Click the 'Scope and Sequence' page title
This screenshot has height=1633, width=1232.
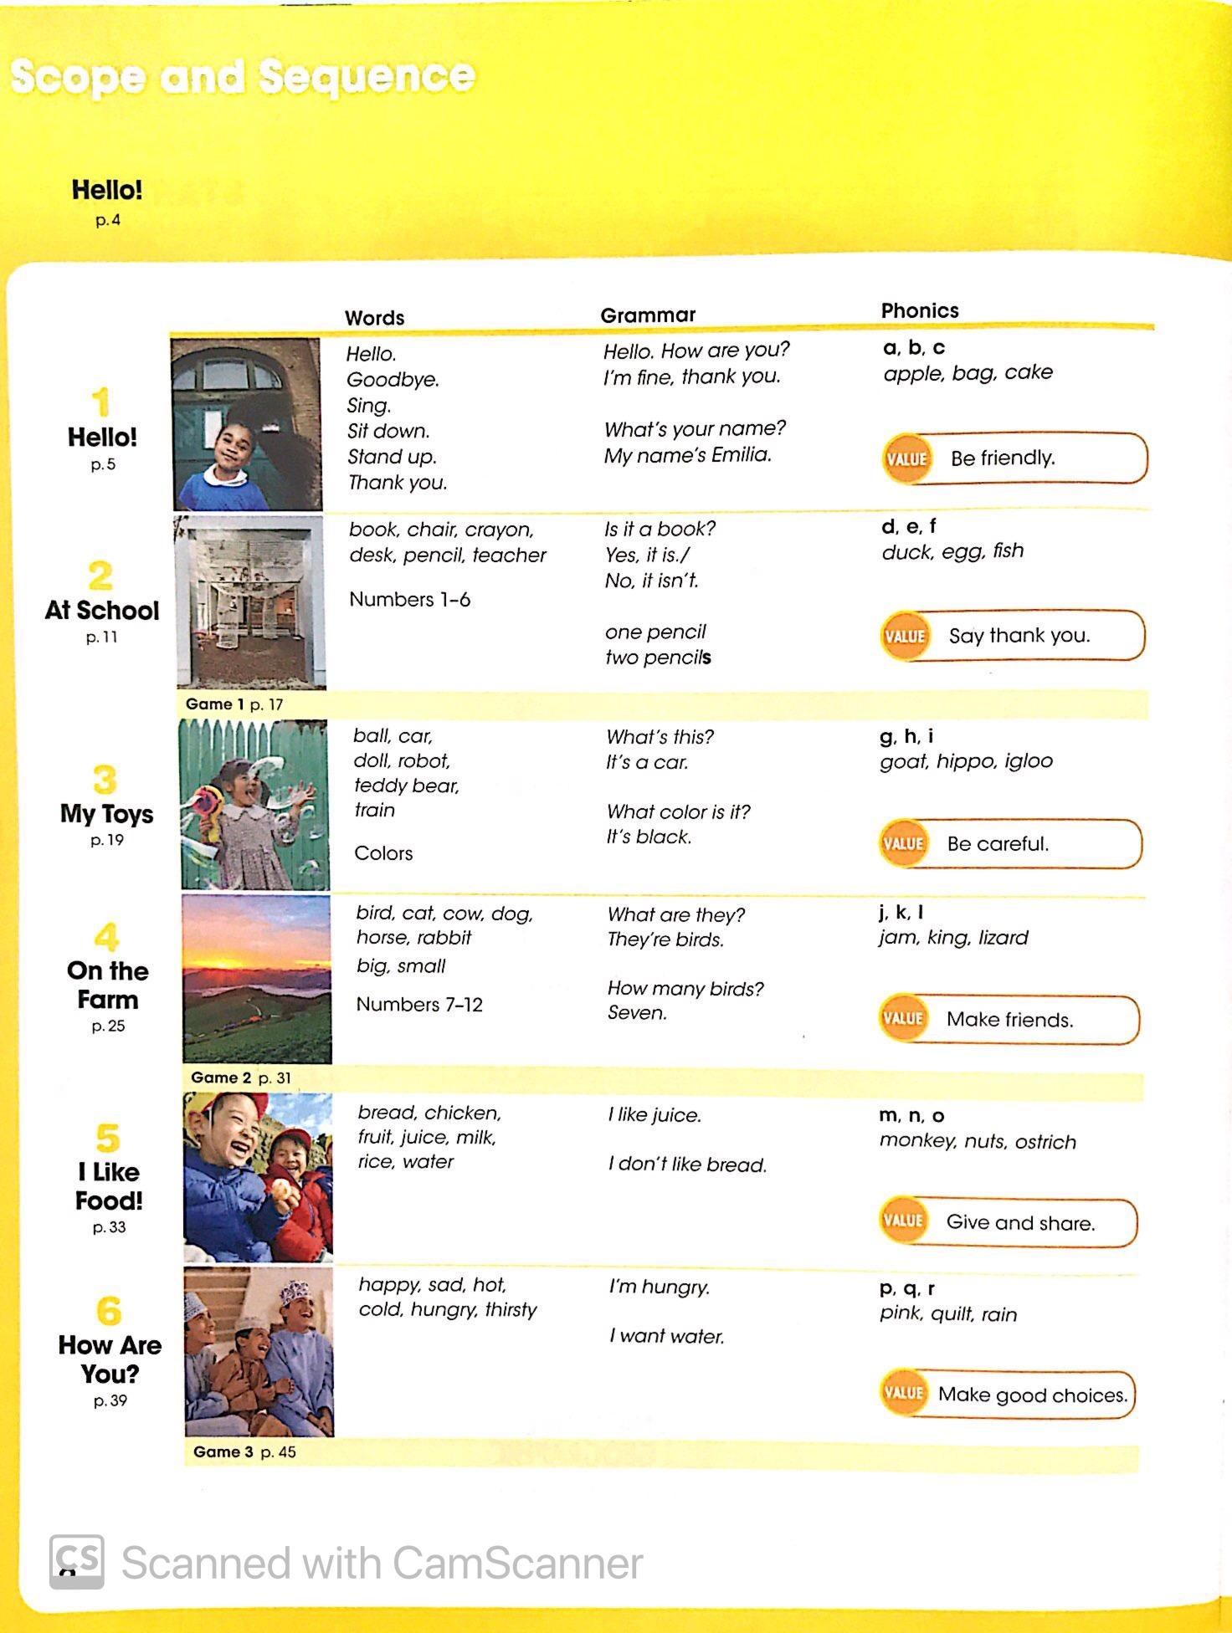point(243,77)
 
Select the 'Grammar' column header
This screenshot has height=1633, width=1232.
point(648,315)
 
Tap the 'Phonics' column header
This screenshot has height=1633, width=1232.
point(919,310)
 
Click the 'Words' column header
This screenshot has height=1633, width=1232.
point(374,318)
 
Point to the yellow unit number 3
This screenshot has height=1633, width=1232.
point(105,780)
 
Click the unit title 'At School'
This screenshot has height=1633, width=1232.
point(102,610)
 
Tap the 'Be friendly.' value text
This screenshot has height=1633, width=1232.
point(1002,458)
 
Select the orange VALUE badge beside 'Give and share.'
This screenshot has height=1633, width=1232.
point(904,1221)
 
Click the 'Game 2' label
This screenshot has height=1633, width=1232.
point(221,1078)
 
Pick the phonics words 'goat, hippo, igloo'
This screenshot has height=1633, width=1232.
point(966,761)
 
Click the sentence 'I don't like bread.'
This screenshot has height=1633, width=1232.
point(687,1165)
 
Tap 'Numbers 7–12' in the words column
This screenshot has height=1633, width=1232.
point(419,1004)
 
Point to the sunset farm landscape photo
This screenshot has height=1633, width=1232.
point(257,979)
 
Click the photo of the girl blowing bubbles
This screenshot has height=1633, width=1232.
point(254,804)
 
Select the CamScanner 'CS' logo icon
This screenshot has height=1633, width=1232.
point(77,1561)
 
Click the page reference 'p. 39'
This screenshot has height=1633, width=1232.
point(110,1400)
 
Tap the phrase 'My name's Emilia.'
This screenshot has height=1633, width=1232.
point(687,455)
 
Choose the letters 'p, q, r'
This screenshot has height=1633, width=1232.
point(907,1288)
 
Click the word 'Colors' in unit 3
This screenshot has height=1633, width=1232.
point(383,853)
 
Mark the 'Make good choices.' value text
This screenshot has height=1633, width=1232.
point(1033,1395)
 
